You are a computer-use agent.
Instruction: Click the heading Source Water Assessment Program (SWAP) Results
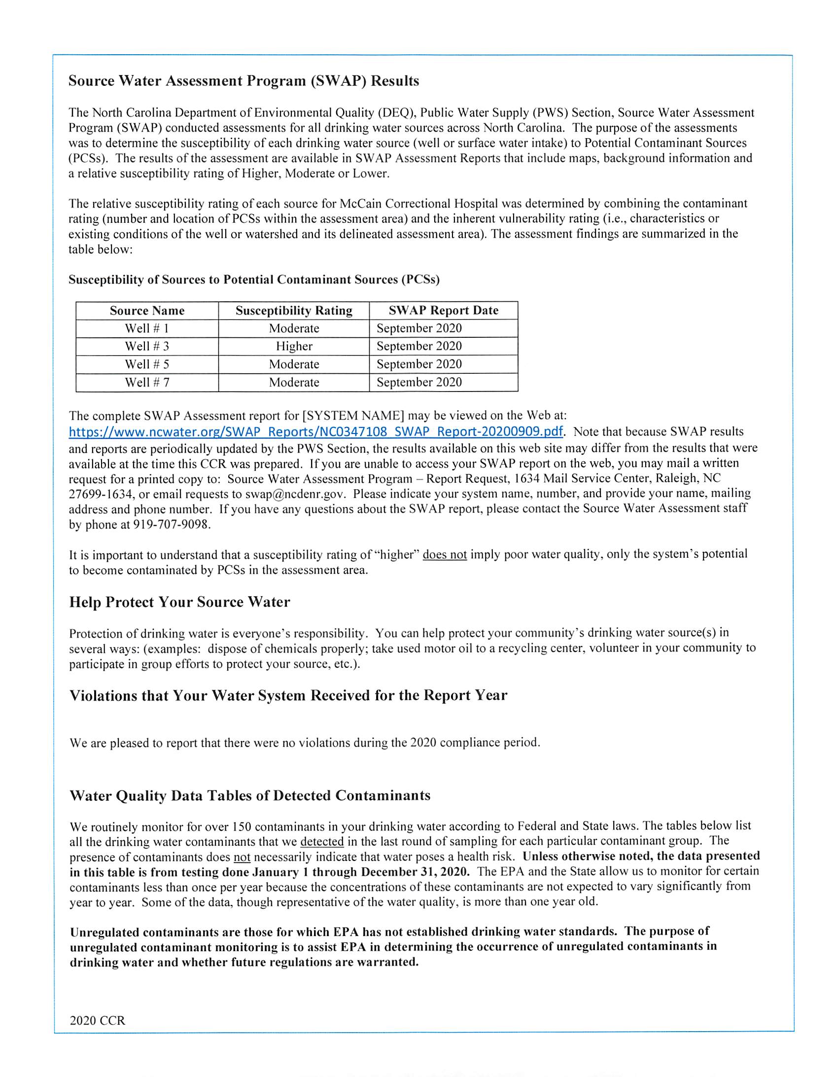243,81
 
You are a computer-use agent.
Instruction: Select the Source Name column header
147,311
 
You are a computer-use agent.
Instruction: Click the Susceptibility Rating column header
294,311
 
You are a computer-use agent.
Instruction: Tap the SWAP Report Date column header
443,310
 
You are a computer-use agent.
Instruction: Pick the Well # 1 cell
147,328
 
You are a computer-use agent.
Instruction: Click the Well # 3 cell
147,346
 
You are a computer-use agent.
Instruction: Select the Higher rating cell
294,346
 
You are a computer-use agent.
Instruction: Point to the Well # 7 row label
147,382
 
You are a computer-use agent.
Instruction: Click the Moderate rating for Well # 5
294,364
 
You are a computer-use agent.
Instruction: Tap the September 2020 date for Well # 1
419,328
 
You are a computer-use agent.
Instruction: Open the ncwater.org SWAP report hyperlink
315,432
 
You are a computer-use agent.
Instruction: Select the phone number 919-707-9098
172,524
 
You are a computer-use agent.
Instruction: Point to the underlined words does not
445,555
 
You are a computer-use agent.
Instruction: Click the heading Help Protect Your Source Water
179,602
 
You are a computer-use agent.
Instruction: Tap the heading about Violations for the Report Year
288,695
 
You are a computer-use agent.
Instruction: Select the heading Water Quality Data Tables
250,795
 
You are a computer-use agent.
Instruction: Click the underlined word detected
322,842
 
